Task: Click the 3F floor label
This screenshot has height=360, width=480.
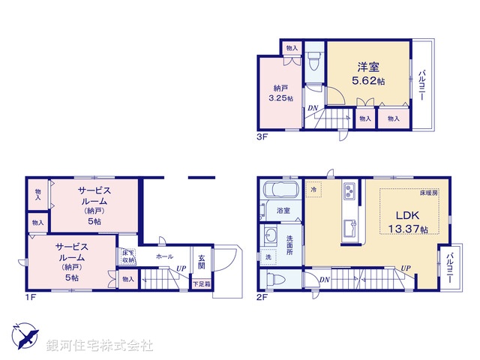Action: point(259,137)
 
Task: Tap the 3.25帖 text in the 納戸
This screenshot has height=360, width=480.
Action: point(280,98)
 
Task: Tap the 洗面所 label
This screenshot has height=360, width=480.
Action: point(289,245)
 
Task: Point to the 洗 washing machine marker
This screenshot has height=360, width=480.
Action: point(268,257)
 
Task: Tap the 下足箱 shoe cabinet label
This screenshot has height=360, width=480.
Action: point(201,283)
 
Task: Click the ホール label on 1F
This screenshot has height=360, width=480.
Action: point(165,256)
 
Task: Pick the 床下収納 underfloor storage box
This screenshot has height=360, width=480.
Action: point(128,256)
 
